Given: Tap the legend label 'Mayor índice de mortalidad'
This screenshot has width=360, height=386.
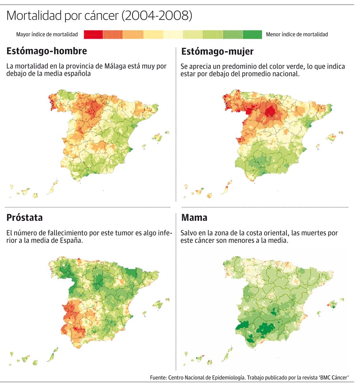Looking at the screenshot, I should pos(47,34).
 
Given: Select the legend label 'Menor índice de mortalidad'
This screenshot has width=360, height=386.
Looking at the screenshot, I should pos(297,34).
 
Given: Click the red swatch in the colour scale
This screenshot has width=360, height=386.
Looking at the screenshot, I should pos(94,35).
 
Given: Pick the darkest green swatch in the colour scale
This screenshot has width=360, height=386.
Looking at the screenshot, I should pos(253,35).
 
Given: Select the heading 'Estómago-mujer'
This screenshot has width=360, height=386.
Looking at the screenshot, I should pos(217,51).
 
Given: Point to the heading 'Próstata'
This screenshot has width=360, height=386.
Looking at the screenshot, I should pos(25,218).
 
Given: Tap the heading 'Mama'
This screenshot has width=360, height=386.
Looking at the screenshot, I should pos(194,218).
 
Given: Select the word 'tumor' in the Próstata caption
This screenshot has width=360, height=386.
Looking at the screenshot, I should pos(122,233).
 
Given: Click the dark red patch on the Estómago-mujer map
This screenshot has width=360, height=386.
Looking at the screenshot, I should pos(270,111).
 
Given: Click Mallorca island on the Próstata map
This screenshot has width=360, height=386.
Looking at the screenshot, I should pos(157,305).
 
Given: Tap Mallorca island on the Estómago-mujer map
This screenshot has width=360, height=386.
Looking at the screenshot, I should pos(332,137).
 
